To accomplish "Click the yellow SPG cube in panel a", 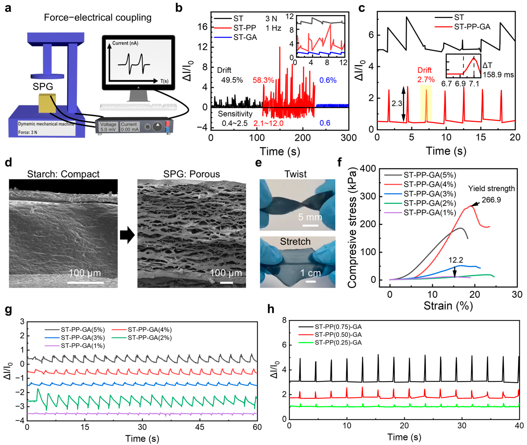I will tap(47, 103).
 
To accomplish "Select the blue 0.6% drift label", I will tap(328, 80).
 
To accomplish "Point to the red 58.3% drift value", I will tap(263, 80).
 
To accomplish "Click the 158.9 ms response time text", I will tap(498, 75).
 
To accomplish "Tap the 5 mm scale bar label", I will tap(310, 217).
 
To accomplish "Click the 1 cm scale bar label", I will tap(310, 273).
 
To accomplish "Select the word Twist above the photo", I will tap(295, 174).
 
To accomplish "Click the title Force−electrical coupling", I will tap(98, 17).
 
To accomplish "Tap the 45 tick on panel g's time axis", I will tap(200, 427).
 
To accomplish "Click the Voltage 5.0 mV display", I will tap(108, 127).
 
